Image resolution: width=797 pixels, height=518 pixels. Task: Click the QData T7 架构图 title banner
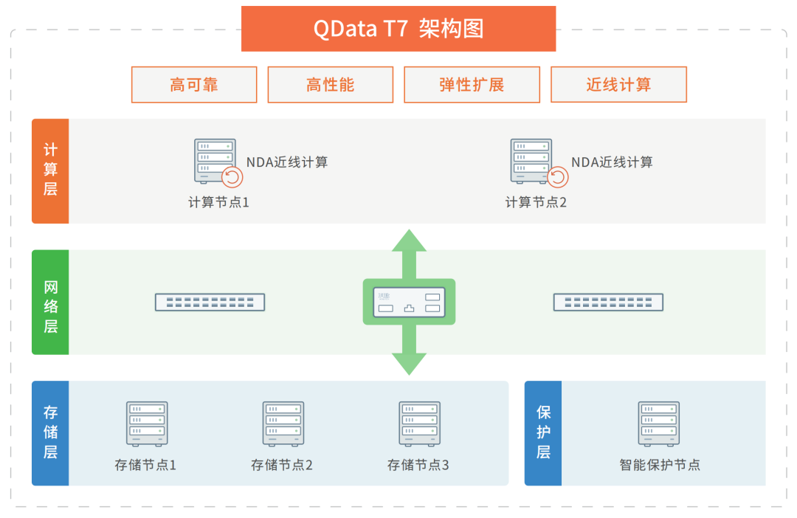pos(398,29)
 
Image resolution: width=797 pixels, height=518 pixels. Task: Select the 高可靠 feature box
pos(194,85)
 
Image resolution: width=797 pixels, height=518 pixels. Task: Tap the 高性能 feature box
pos(330,85)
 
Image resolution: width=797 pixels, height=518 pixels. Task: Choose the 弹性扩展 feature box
pos(472,85)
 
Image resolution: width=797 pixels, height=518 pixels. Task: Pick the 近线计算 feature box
pos(618,85)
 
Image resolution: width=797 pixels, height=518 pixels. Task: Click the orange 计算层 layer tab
pos(50,170)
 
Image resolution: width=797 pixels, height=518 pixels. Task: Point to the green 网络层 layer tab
pos(50,302)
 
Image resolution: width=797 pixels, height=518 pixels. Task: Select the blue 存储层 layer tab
pos(50,433)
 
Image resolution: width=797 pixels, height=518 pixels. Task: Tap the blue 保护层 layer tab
pos(543,433)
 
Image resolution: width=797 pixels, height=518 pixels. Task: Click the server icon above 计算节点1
pos(215,160)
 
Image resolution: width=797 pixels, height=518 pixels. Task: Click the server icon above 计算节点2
pos(531,160)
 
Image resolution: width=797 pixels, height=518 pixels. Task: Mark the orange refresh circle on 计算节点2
pos(558,177)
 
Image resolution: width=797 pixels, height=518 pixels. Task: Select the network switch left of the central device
pos(210,302)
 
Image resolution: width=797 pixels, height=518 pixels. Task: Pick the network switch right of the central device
pos(608,302)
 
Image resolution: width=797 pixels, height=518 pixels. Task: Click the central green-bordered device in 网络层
pos(409,302)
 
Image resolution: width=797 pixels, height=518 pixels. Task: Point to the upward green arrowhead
pos(409,241)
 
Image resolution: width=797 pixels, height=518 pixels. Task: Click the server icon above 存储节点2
pos(283,423)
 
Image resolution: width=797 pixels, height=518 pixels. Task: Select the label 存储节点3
pos(418,465)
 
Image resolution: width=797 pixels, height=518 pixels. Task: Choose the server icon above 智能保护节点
pos(659,423)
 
